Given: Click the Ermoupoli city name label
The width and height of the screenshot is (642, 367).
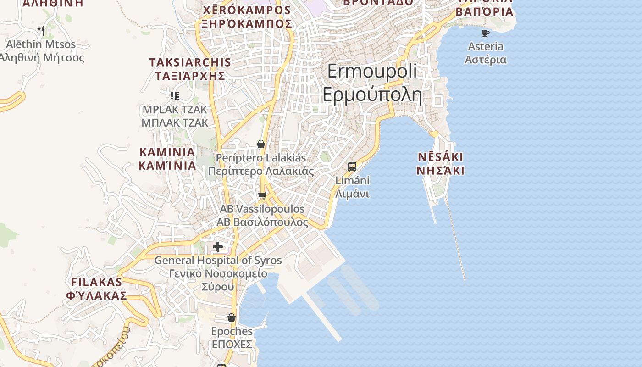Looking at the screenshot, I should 372,72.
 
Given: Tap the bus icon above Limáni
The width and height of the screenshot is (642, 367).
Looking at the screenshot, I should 352,167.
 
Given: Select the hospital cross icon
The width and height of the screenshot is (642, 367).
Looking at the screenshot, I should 218,247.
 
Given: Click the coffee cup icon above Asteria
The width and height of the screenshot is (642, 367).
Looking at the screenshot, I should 486,33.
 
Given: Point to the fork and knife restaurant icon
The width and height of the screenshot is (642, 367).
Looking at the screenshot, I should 41,31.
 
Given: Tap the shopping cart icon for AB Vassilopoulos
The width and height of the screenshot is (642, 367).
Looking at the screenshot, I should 262,196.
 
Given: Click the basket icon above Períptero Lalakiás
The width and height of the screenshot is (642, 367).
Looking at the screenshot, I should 261,144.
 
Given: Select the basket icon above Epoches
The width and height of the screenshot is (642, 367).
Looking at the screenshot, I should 232,317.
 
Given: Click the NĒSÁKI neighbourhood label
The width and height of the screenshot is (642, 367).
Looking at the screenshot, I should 440,157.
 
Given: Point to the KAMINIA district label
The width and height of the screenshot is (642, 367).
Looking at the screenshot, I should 167,152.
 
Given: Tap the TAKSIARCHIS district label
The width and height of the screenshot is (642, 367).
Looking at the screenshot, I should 190,62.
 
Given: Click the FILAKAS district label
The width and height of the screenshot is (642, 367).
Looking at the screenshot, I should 97,282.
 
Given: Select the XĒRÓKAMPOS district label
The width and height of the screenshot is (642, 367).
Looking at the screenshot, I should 247,10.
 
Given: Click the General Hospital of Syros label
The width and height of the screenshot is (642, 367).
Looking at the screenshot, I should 218,261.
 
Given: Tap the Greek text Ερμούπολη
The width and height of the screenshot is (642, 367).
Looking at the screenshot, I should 372,95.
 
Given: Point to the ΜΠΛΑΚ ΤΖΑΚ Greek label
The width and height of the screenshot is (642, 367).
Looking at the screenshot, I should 175,123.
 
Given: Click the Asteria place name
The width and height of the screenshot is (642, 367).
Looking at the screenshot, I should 486,46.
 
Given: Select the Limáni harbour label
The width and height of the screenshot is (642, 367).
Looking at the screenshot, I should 352,181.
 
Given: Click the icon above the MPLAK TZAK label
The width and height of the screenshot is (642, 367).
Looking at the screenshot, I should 174,95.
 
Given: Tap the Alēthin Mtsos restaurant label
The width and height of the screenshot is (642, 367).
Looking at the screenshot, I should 41,44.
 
